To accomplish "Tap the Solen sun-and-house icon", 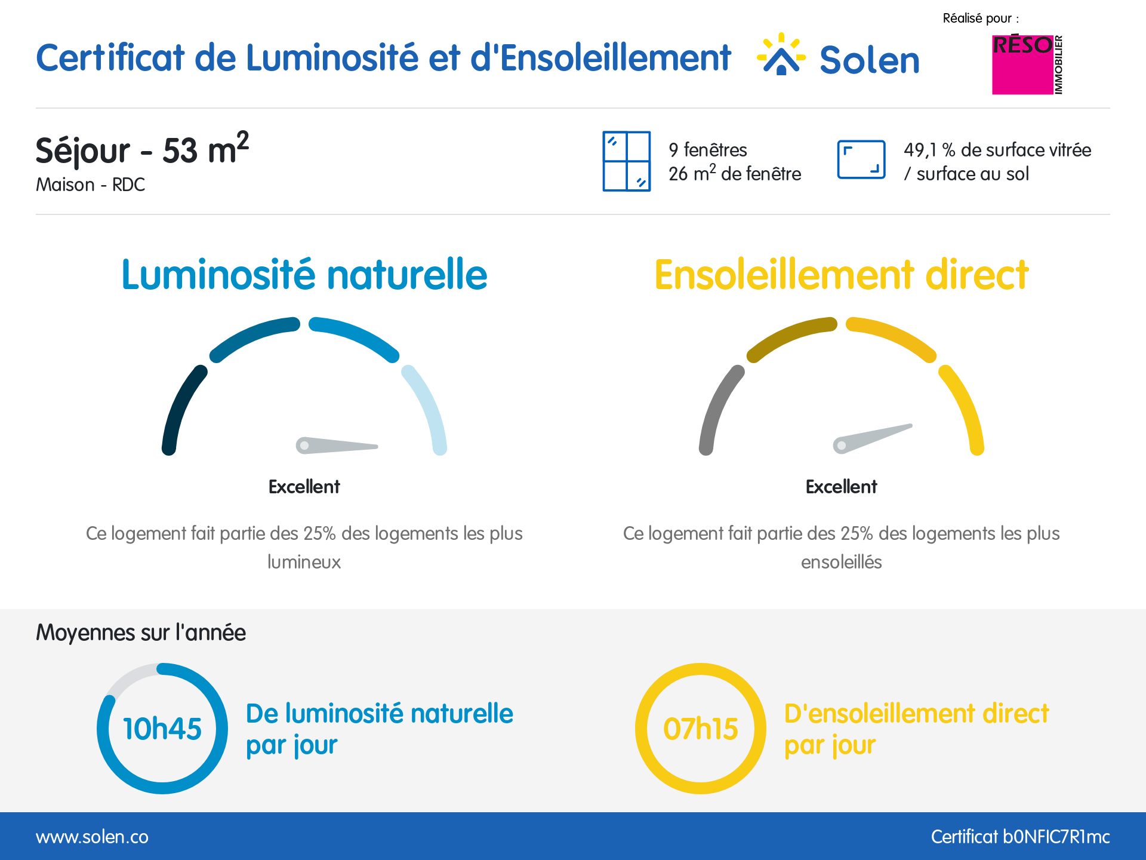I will pos(781,55).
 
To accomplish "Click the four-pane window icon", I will pos(626,161).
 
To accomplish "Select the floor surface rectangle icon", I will pos(861,159).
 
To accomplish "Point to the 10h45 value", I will pos(162,729).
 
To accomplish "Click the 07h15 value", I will pos(701,729).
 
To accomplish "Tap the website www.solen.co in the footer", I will pos(92,837).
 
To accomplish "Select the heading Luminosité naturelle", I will pos(304,275).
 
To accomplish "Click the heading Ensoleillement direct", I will pos(841,275).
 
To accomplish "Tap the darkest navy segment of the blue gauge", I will pos(180,409).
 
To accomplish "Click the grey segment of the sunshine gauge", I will pos(717,409).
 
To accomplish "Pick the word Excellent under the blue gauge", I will pos(304,487).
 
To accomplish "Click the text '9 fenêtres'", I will pos(708,149).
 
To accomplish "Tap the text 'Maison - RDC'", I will pos(90,185).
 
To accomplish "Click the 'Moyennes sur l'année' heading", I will pos(141,632).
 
